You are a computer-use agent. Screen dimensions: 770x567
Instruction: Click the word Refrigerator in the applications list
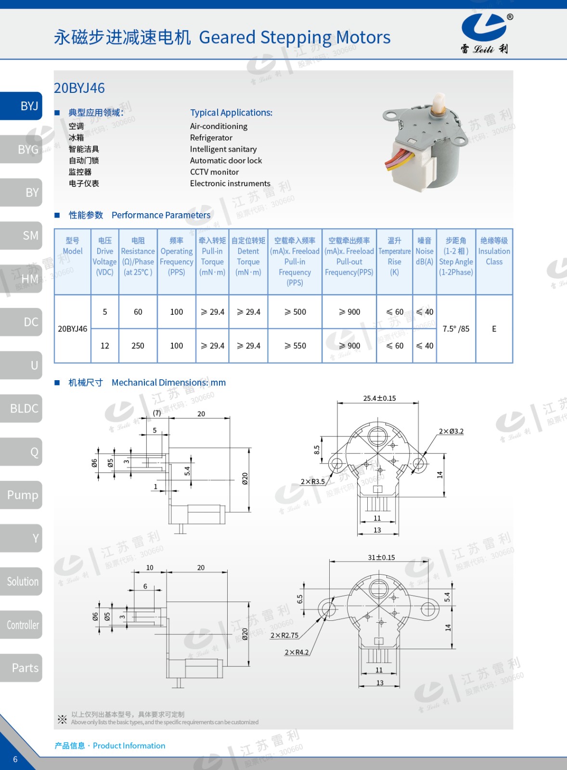coord(211,138)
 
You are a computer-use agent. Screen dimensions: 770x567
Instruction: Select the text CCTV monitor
coord(214,172)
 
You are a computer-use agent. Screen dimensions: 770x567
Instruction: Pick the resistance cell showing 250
coord(138,346)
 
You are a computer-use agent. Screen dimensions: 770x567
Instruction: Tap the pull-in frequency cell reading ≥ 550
coord(295,346)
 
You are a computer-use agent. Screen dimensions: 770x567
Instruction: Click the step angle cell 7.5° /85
coord(455,329)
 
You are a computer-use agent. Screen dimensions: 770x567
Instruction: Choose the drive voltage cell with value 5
coord(105,312)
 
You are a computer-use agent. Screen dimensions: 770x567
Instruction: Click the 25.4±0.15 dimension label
coord(379,398)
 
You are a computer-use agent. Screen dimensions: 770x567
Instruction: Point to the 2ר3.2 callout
coord(451,431)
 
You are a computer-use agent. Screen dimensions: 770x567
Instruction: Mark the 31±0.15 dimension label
coord(381,557)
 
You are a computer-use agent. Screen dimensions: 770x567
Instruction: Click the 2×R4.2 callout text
coord(296,652)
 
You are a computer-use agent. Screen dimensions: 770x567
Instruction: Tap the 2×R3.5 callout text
coord(312,481)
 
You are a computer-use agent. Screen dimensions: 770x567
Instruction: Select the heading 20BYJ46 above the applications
coord(79,88)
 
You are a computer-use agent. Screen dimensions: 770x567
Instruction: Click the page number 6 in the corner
coord(15,759)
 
